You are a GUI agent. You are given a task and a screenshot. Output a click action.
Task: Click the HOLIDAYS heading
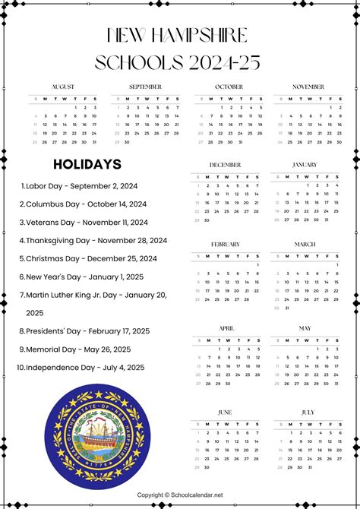click(87, 164)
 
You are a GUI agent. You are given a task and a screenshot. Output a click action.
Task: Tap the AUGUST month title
click(63, 87)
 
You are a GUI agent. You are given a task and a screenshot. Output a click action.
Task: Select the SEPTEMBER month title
click(145, 87)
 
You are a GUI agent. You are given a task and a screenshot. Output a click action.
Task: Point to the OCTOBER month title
click(228, 87)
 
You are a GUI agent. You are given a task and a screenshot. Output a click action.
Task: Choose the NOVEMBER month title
click(308, 87)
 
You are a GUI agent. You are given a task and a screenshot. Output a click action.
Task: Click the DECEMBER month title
click(225, 164)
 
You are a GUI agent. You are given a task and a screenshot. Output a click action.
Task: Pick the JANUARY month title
click(305, 164)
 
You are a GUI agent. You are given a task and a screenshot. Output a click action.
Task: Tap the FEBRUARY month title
click(225, 244)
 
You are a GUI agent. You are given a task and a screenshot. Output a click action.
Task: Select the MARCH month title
click(305, 244)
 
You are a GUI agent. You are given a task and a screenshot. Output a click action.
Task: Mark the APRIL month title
click(226, 328)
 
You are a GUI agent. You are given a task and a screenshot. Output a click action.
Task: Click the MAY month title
click(305, 328)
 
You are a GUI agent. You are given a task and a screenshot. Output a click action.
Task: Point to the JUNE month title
click(225, 412)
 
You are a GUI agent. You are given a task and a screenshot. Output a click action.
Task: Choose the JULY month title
click(308, 412)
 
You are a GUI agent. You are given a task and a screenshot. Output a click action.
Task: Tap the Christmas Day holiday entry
click(91, 258)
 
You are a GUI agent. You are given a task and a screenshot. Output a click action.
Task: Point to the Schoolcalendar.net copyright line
click(179, 494)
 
